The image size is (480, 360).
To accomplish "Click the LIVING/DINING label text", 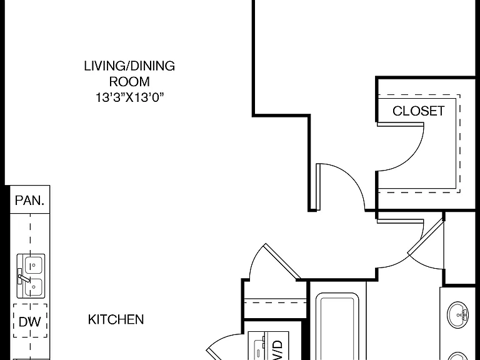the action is point(129,66).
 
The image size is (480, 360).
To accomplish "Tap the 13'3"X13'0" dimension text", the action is point(130,97).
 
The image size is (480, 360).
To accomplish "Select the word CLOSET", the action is point(419,111).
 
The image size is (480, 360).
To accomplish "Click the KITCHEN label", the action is point(116,319).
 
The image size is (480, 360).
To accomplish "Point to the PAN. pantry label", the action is point(30,201).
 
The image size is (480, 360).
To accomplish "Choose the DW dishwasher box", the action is point(30,321).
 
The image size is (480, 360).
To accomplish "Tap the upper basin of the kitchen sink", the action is point(34,265).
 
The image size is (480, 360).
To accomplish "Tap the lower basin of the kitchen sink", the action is point(34,287).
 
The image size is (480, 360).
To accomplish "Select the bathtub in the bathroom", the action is point(337,326).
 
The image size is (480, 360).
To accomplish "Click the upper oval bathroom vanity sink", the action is point(457,315).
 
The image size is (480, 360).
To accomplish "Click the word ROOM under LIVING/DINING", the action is point(129,82).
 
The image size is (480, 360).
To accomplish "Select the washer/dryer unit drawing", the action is point(268,346).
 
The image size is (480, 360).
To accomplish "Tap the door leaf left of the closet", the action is point(318,187).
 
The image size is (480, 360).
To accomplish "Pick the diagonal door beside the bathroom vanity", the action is point(426,237).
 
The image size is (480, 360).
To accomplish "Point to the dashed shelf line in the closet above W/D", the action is point(275,302).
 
